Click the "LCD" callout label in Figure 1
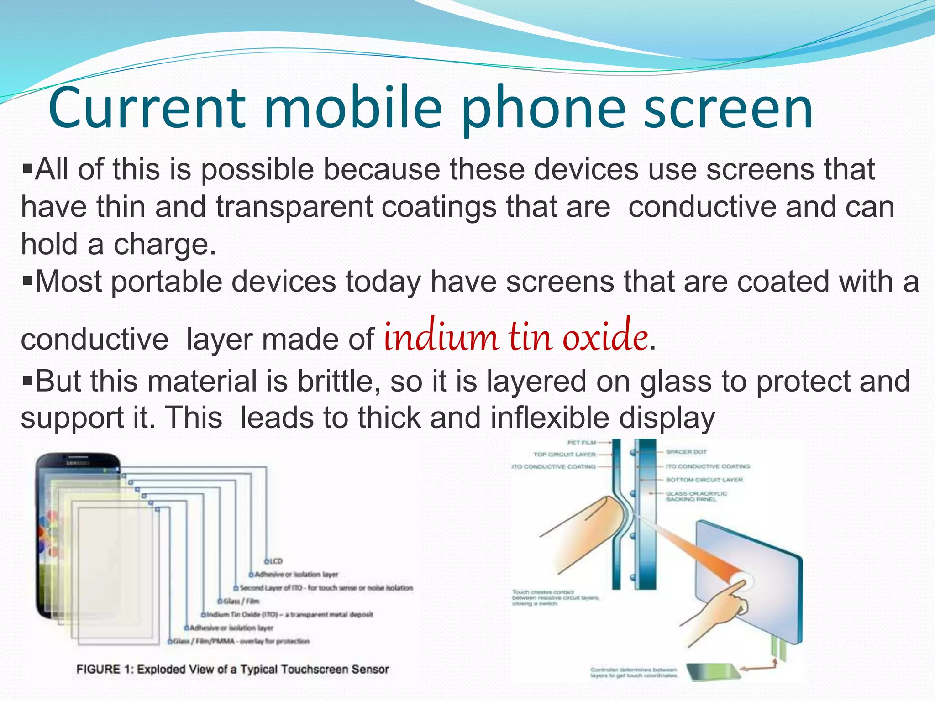pyautogui.click(x=275, y=561)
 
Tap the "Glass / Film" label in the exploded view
pyautogui.click(x=241, y=601)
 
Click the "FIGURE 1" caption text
pyautogui.click(x=232, y=669)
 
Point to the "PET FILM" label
pyautogui.click(x=581, y=442)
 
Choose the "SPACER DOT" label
pyautogui.click(x=686, y=452)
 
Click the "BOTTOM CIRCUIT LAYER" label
pyautogui.click(x=704, y=480)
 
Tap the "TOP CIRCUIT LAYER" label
pyautogui.click(x=564, y=455)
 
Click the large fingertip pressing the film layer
pyautogui.click(x=607, y=516)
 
